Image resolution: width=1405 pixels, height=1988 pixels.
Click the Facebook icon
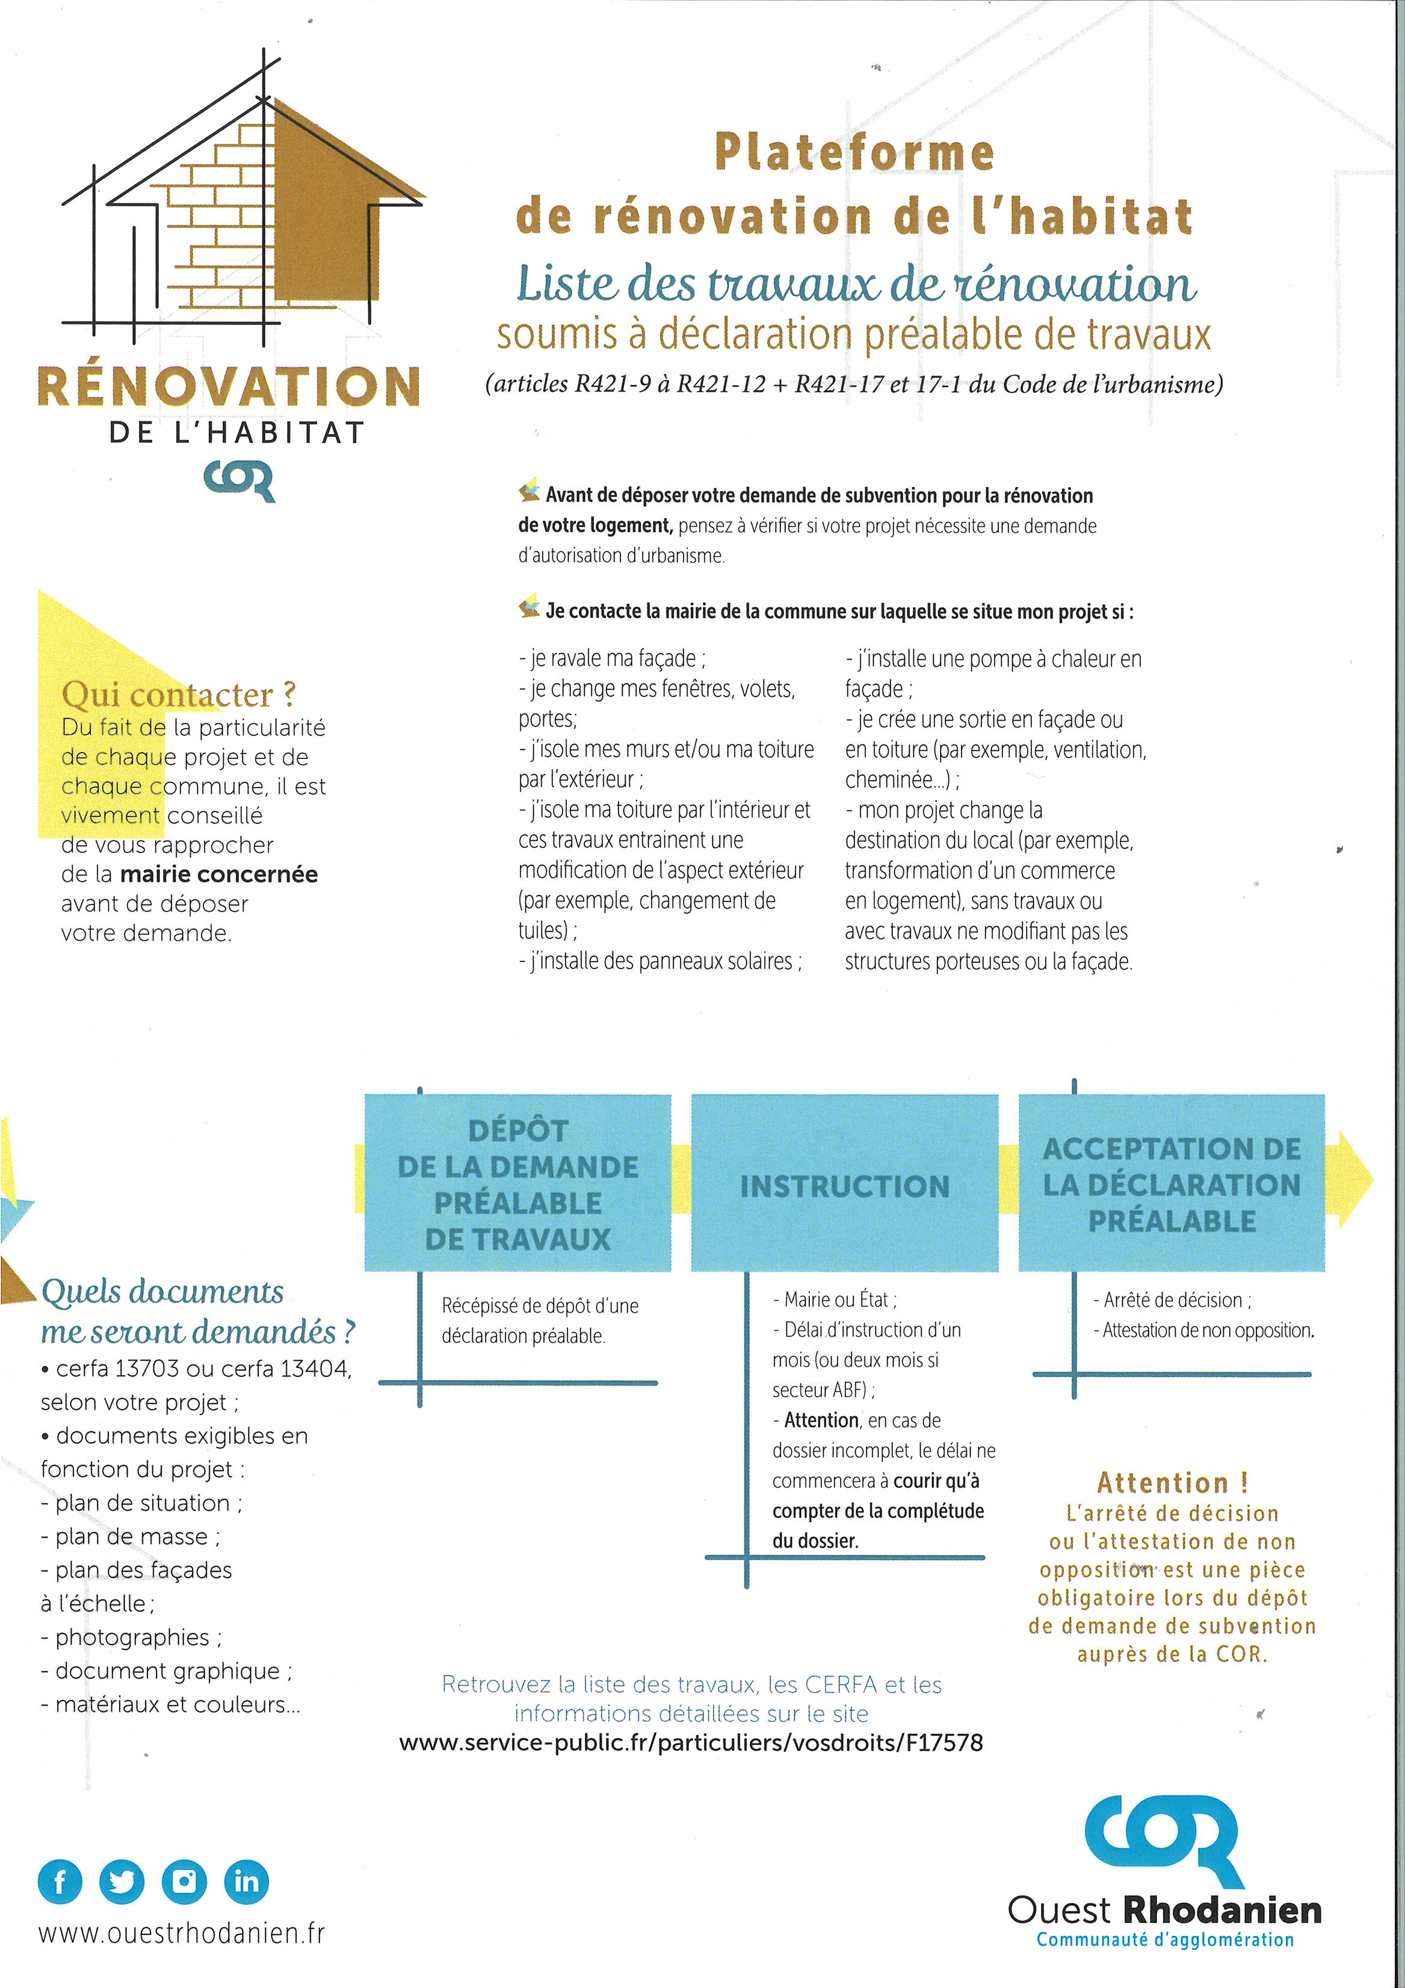[x=60, y=1881]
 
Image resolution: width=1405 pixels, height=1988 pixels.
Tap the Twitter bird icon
[x=122, y=1881]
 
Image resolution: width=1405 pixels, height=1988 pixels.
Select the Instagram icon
[x=184, y=1881]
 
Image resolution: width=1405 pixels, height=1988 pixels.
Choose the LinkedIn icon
[x=247, y=1881]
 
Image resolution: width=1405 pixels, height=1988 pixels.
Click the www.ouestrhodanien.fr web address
[x=182, y=1933]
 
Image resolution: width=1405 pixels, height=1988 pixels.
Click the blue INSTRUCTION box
[x=844, y=1183]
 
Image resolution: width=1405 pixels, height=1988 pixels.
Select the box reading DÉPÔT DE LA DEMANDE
[x=517, y=1183]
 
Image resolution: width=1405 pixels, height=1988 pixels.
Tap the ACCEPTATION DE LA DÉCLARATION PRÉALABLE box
[x=1172, y=1183]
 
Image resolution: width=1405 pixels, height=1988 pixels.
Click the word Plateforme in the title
[x=854, y=152]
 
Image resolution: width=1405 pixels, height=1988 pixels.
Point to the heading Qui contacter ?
[x=178, y=695]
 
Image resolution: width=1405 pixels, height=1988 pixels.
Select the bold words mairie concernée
[x=219, y=875]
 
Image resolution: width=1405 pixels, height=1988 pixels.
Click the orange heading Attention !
[x=1172, y=1483]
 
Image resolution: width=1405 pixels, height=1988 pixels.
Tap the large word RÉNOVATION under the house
[x=229, y=386]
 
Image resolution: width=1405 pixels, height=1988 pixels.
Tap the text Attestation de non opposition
[x=1208, y=1330]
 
